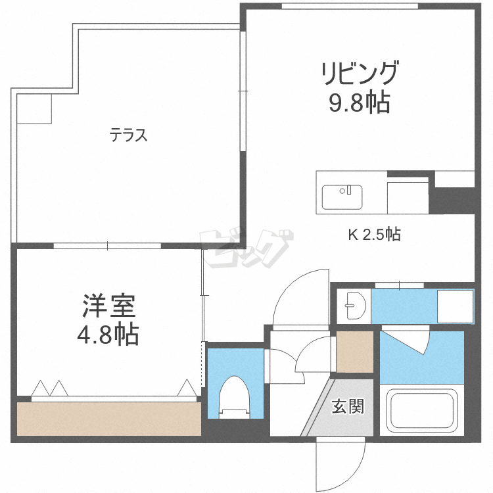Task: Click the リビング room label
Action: (360, 73)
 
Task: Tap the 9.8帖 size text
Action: (360, 102)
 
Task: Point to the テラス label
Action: (128, 135)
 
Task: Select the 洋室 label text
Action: (108, 306)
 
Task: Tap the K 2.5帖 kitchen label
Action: (374, 234)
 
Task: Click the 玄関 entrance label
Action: (348, 406)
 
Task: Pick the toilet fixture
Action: (235, 398)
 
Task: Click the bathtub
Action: (421, 409)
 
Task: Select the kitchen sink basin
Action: (342, 197)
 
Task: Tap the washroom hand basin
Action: (356, 305)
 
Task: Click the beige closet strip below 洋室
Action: (108, 419)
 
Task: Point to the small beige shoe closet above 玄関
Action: (355, 352)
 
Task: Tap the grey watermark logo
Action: (246, 248)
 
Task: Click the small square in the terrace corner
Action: (34, 108)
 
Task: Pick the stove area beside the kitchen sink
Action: (408, 196)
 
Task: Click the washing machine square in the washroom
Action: (455, 306)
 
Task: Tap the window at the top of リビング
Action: (350, 6)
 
